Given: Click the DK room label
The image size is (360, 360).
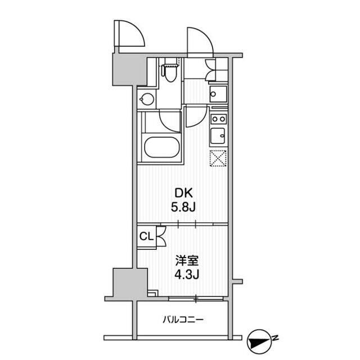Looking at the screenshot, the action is pyautogui.click(x=184, y=193).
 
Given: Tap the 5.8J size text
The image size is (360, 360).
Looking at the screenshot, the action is pyautogui.click(x=183, y=208).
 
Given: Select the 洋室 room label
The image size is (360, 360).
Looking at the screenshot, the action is pyautogui.click(x=187, y=260).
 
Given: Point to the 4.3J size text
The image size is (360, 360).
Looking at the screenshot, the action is pyautogui.click(x=186, y=274).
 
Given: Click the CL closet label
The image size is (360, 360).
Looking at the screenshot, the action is pyautogui.click(x=146, y=236).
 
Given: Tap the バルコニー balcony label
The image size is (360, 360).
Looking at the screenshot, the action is pyautogui.click(x=183, y=319).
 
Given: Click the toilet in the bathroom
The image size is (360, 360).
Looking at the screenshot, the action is pyautogui.click(x=170, y=73).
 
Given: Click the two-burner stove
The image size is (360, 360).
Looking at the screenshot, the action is pyautogui.click(x=219, y=119).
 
